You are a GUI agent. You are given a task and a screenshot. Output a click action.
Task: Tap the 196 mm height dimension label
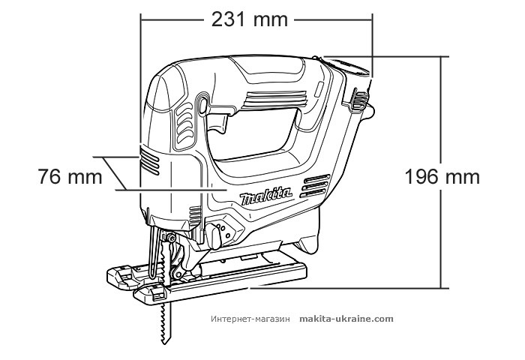click(x=442, y=178)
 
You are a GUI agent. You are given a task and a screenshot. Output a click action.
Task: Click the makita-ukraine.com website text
click(x=346, y=318)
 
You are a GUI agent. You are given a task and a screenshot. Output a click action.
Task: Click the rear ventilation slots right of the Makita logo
click(x=316, y=186)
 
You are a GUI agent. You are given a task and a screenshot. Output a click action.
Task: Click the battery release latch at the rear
click(x=359, y=97)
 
